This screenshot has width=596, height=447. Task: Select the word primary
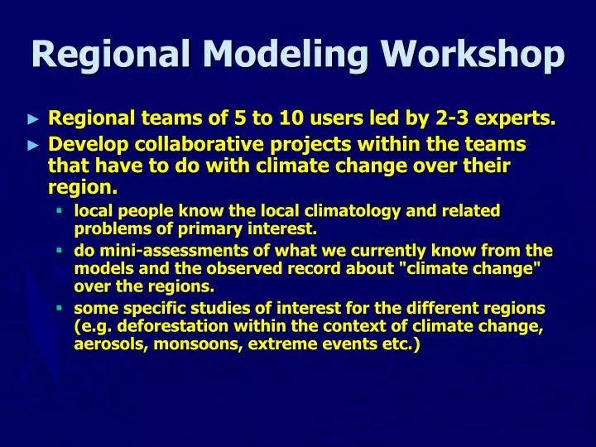(x=208, y=228)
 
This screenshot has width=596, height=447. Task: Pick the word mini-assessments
(x=166, y=251)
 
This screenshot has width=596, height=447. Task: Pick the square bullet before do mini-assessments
(x=60, y=250)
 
